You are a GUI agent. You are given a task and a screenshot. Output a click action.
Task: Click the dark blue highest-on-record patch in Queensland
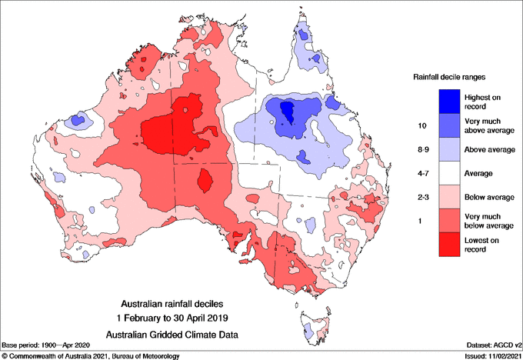click(x=288, y=113)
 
